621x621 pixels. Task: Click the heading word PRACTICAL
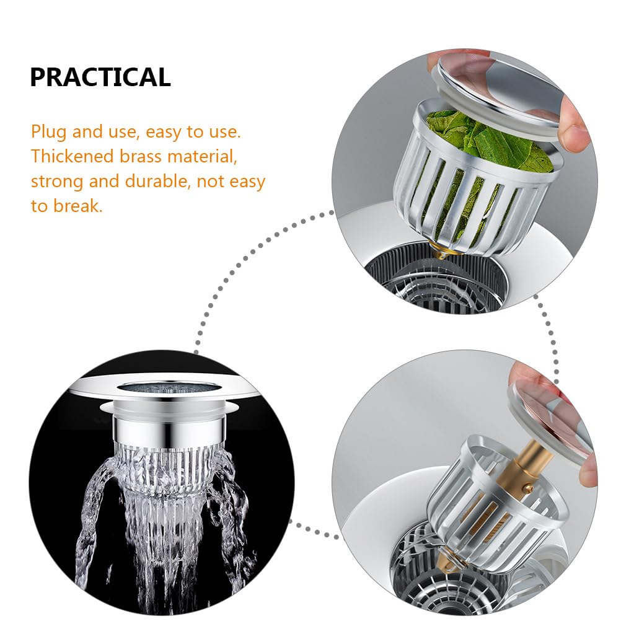pyautogui.click(x=100, y=77)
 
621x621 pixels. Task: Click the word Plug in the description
pyautogui.click(x=48, y=132)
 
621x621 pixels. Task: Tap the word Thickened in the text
pyautogui.click(x=72, y=156)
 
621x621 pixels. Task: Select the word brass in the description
pyautogui.click(x=140, y=156)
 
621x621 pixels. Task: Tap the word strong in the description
pyautogui.click(x=56, y=182)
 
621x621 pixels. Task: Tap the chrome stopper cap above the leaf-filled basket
pyautogui.click(x=499, y=91)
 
